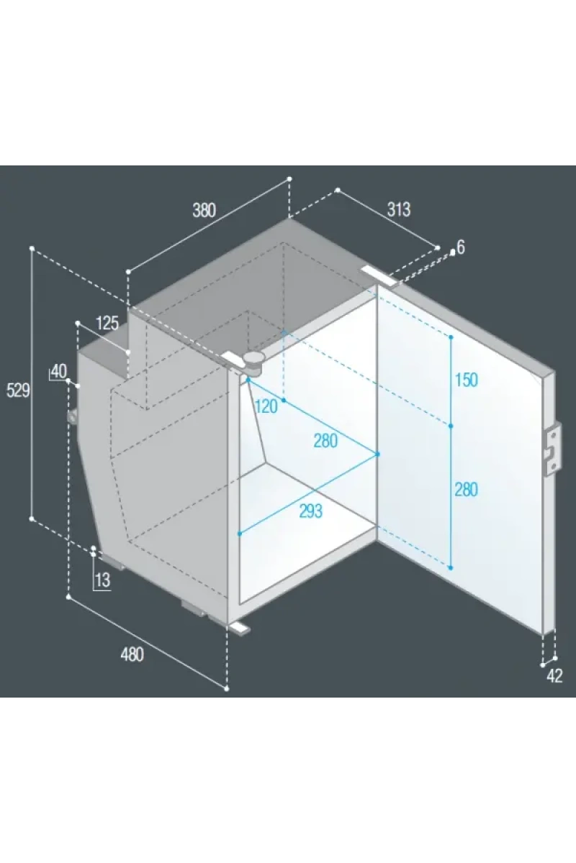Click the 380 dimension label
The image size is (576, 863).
coord(204,210)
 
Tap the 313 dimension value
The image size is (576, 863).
coord(399,209)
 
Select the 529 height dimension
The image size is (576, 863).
coord(18,391)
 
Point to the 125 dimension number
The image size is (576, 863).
coord(107,323)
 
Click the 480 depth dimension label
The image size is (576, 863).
coord(132,654)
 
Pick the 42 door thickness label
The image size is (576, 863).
coord(554,676)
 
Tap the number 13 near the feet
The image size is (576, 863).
coord(103,580)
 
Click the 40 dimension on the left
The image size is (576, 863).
coord(58,371)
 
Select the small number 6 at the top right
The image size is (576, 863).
coord(461,247)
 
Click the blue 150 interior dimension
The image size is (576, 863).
coord(467,380)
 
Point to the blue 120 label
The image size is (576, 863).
coord(266,406)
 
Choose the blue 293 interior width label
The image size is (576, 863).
coord(311,511)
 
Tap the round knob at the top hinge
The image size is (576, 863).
coord(253,360)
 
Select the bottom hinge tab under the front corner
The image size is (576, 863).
coord(240,628)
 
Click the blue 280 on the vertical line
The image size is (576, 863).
coord(467,490)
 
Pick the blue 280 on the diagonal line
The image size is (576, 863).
coord(325,441)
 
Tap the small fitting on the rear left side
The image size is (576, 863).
coord(73,417)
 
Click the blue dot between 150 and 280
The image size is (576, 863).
coord(451,426)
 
